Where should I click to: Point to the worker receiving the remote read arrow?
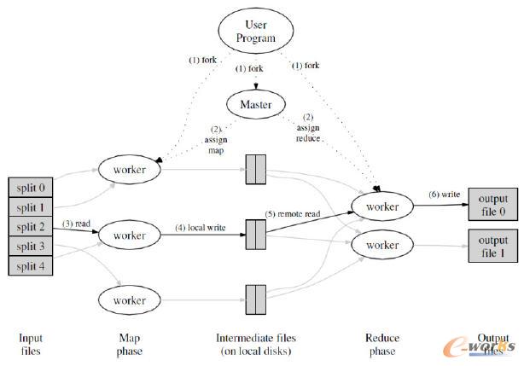(x=381, y=207)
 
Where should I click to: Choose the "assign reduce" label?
(x=308, y=132)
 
